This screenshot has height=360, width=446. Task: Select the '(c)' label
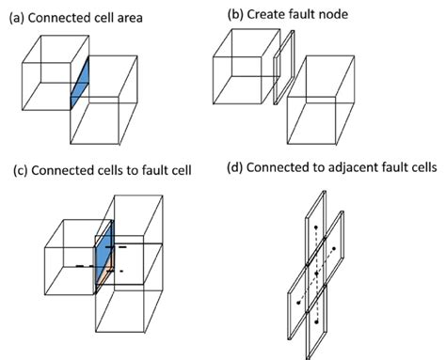click(x=23, y=170)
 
